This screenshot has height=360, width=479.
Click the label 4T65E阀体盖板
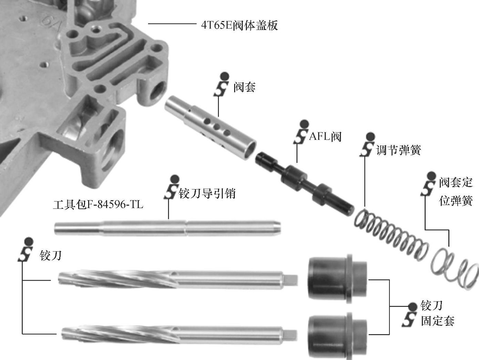coord(239,25)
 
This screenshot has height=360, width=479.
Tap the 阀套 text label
coord(244,87)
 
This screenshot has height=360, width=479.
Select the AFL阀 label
coord(325,137)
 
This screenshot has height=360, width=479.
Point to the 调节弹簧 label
coord(398,150)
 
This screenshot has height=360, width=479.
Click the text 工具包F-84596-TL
coord(98,205)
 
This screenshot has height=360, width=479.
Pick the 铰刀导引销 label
coord(207,193)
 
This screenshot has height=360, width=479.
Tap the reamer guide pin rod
coord(167,228)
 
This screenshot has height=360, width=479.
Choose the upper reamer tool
coord(178,279)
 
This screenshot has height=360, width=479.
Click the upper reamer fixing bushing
coord(337,279)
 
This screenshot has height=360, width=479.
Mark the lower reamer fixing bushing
coord(337,336)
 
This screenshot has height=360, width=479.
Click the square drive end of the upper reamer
coord(291,280)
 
